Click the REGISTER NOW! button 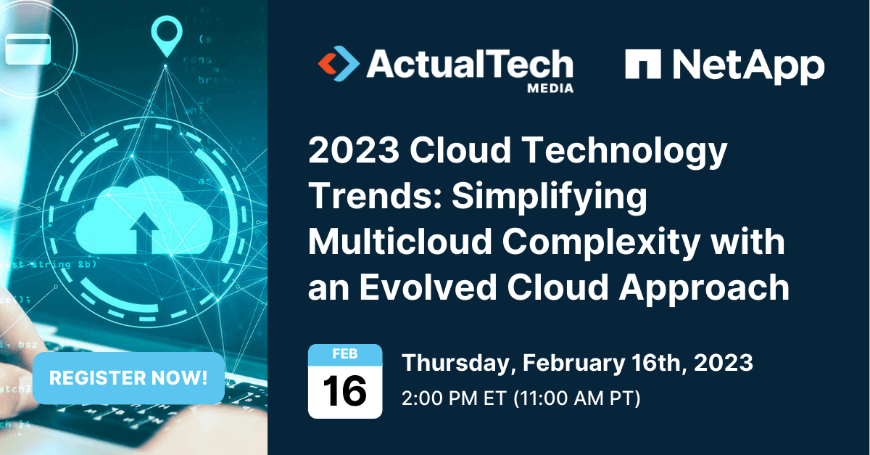(128, 378)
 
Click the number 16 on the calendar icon (344, 393)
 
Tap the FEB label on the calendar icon (344, 355)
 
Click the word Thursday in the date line (449, 363)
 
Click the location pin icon (165, 36)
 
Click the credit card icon (28, 49)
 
